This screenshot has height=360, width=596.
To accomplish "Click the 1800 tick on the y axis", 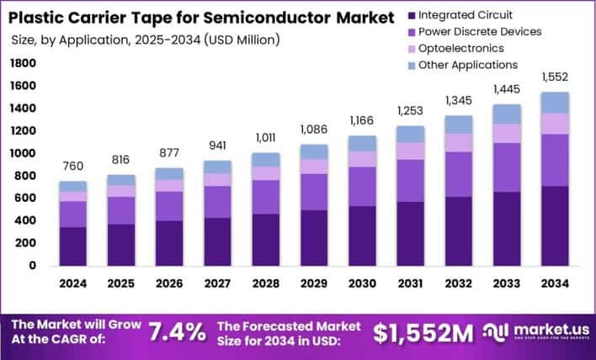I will (x=24, y=64).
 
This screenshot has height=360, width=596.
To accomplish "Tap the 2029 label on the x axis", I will (x=313, y=284).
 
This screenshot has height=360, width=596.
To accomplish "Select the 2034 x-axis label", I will (x=554, y=284).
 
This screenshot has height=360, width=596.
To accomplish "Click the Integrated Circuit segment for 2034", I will (x=554, y=225).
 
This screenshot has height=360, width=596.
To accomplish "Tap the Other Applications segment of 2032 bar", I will (x=458, y=124).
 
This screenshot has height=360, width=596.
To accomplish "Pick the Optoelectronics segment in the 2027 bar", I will (x=216, y=180).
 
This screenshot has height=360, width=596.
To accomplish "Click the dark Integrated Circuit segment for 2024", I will (x=72, y=246).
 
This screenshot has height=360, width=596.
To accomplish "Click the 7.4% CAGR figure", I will (x=177, y=332).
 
